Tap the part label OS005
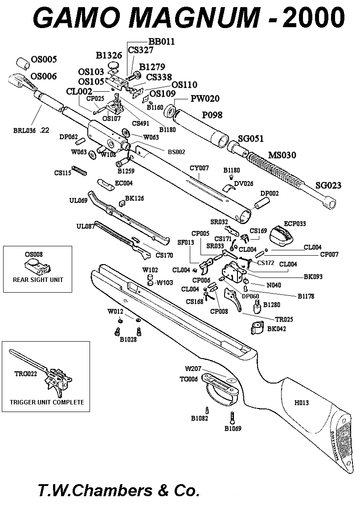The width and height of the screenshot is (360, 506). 44,59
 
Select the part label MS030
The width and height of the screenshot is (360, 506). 282,155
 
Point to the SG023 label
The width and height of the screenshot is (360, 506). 328,185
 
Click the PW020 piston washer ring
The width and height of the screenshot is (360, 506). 170,111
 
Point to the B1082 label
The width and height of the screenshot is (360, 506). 200,418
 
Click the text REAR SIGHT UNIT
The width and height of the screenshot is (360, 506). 38,280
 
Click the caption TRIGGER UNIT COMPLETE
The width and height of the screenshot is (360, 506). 47,402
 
